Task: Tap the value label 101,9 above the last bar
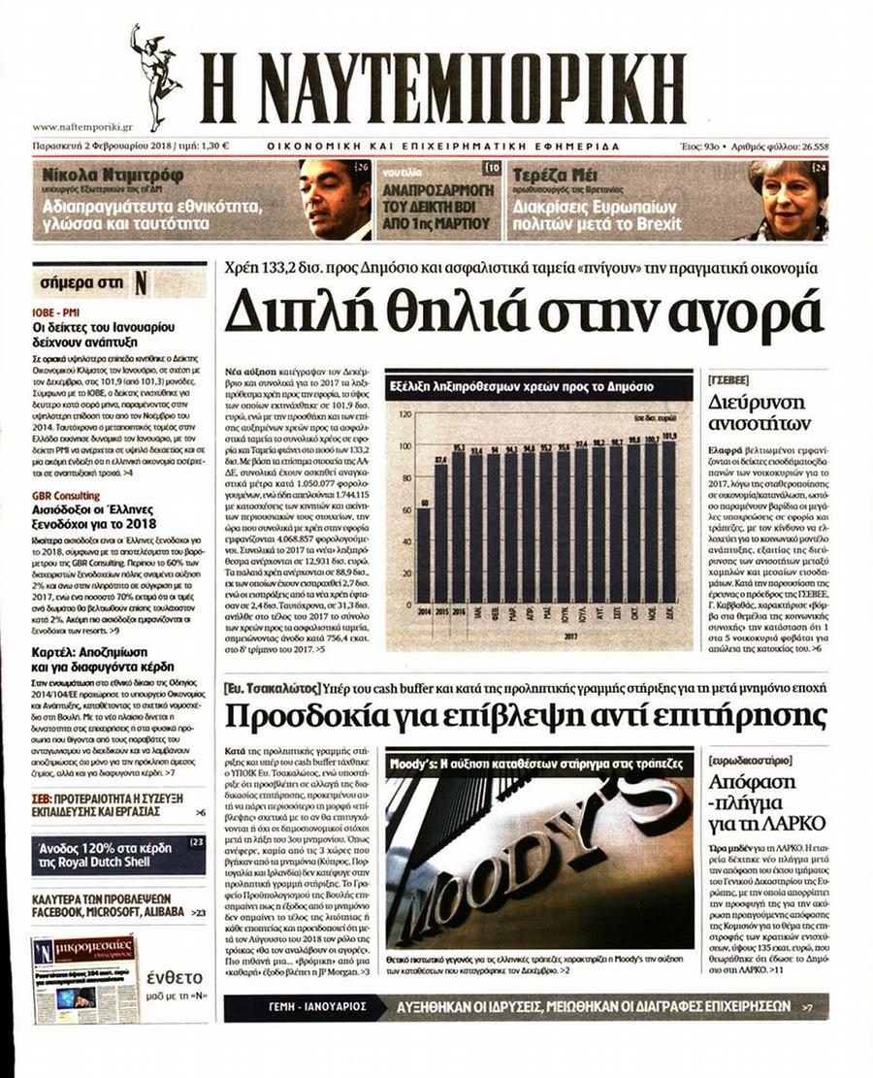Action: tap(669, 436)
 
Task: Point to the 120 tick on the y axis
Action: tap(405, 414)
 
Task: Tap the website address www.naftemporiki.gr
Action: tap(82, 127)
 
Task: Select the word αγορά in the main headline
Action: tap(738, 312)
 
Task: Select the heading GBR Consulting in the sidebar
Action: tap(66, 496)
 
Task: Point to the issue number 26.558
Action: tap(814, 147)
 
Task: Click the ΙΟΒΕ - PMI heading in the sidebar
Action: tap(59, 312)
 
